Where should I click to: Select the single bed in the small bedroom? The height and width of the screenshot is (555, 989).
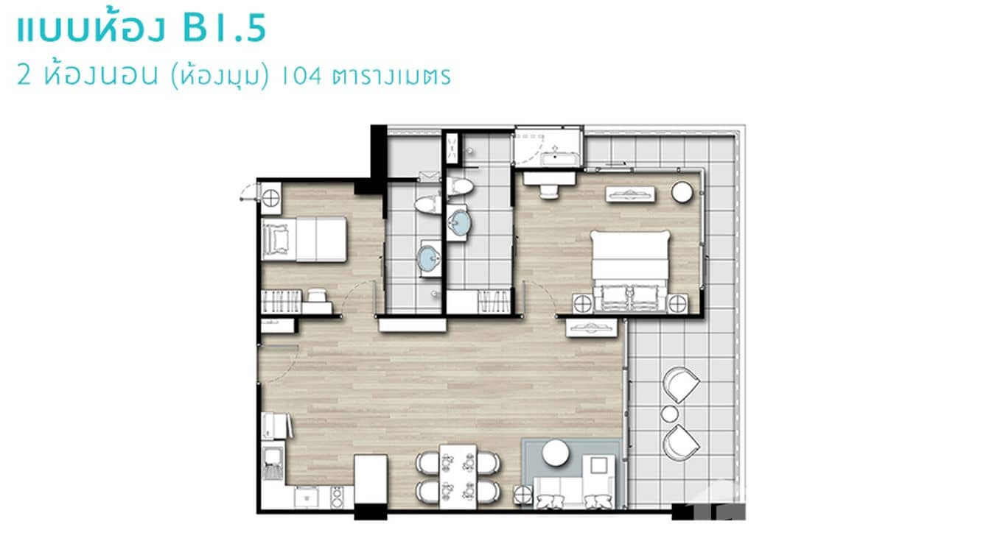(x=304, y=239)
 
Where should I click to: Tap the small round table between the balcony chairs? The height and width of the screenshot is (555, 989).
(x=669, y=414)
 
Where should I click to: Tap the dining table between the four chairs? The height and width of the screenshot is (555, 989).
(x=458, y=476)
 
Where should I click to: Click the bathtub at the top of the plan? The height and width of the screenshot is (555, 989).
(x=549, y=146)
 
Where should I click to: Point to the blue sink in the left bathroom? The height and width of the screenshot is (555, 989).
(x=428, y=258)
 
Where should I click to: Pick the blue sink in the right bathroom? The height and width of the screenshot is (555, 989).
(x=459, y=222)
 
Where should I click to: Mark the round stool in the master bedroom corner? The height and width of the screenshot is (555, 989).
(x=682, y=192)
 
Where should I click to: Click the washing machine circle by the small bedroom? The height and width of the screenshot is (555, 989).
(x=271, y=197)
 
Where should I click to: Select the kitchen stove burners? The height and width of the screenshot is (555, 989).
(x=337, y=498)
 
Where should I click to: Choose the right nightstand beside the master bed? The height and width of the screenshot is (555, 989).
(x=677, y=303)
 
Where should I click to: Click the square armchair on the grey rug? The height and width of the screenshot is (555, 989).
(x=598, y=465)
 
